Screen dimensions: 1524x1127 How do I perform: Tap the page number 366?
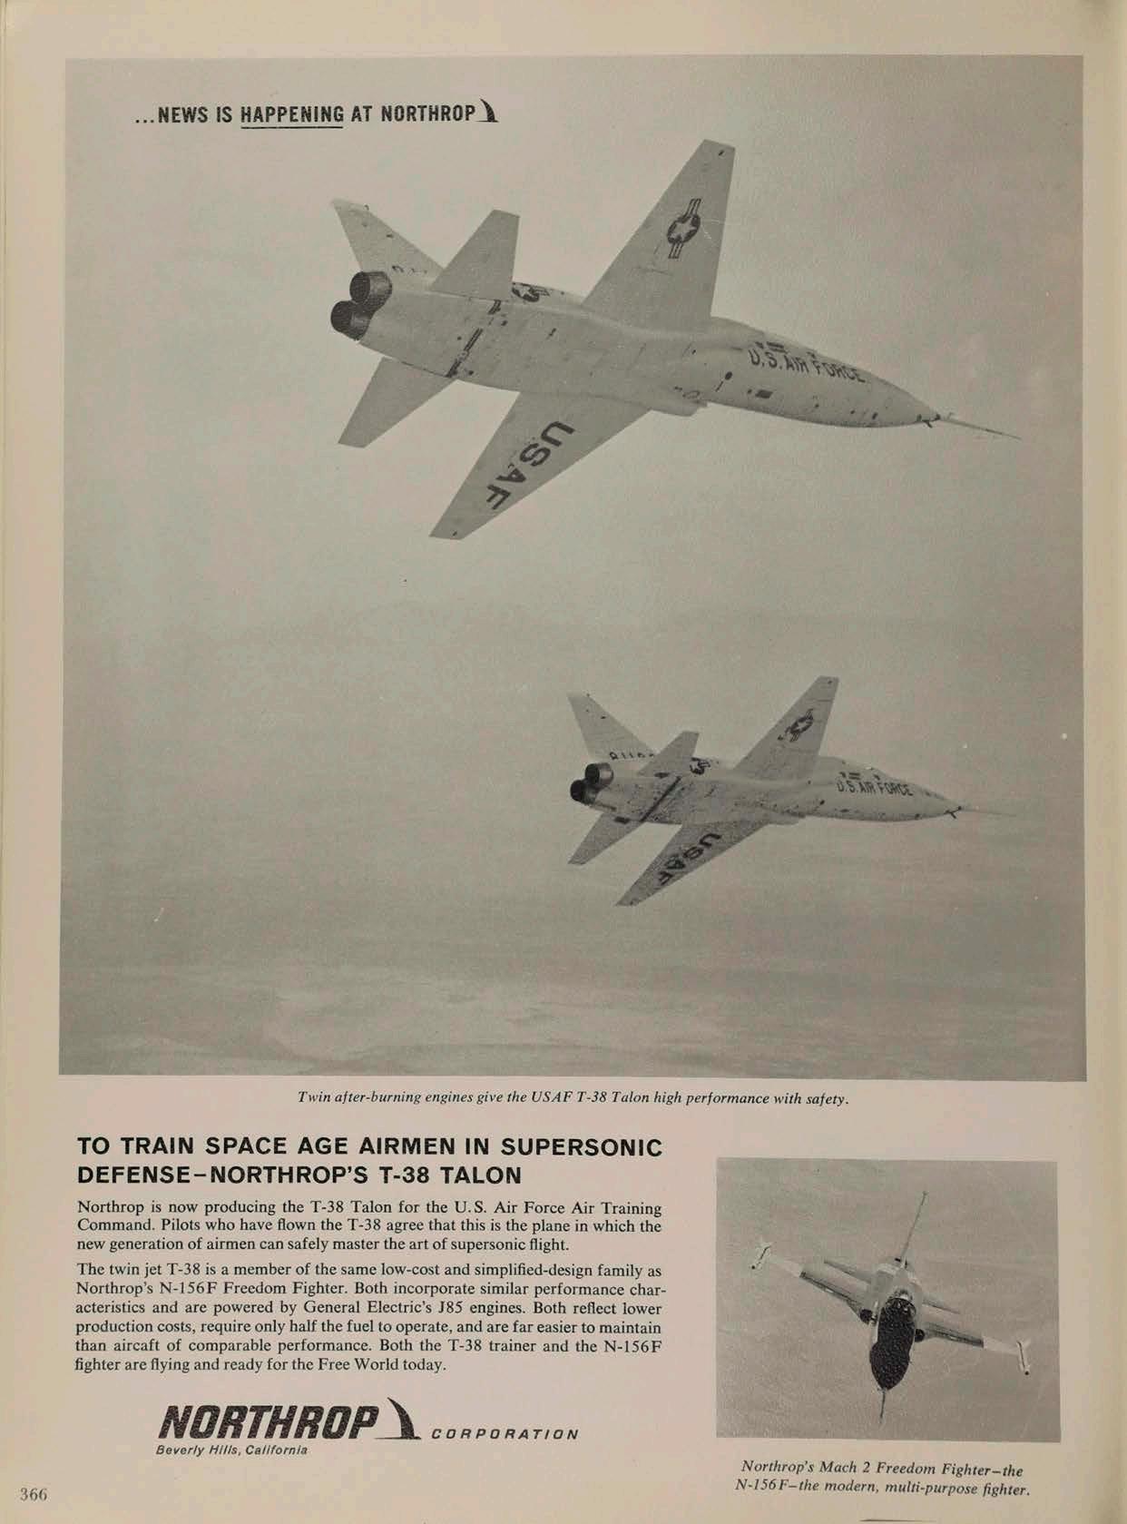(34, 1493)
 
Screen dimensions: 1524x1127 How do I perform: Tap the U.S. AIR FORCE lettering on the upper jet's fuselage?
(805, 369)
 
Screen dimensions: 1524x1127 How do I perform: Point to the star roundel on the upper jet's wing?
(682, 230)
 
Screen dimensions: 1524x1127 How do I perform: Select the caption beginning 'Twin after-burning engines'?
(573, 1099)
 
